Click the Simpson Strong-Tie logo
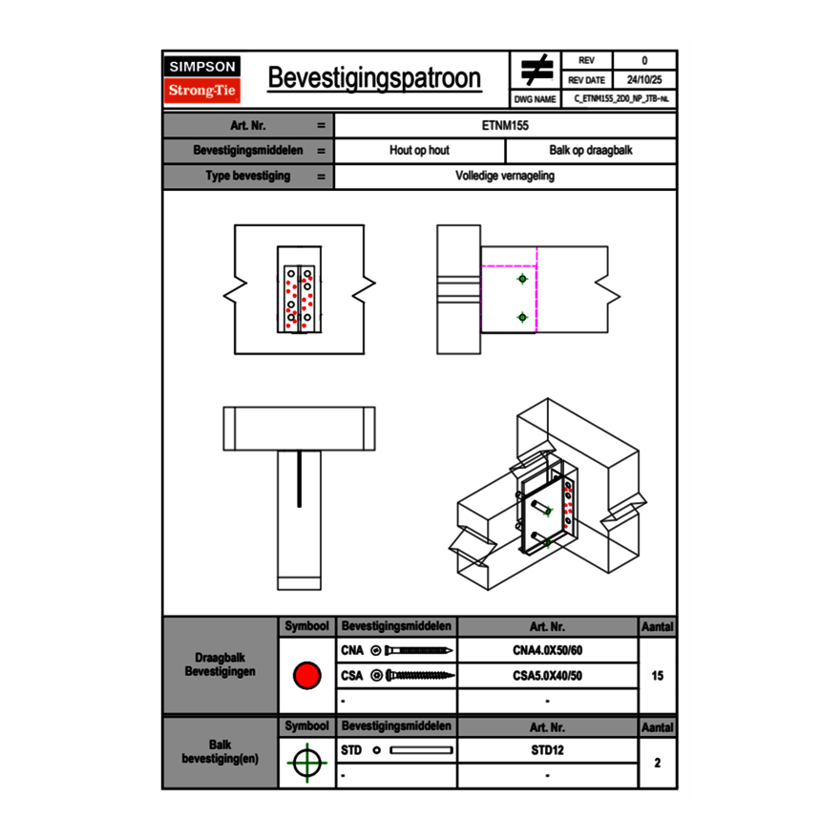(202, 79)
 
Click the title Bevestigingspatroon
(374, 78)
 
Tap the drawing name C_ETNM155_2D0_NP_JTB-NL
(621, 98)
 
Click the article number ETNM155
(505, 125)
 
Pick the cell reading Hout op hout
(419, 151)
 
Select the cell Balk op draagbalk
(591, 151)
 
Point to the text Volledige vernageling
(505, 177)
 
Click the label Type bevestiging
(248, 177)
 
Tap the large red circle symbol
(306, 676)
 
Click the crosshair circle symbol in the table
(306, 763)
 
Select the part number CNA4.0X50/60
(547, 651)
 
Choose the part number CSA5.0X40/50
(547, 676)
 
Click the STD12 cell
(547, 750)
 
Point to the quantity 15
(657, 676)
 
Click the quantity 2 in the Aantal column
(657, 763)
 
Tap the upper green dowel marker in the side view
(522, 279)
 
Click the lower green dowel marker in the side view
(522, 317)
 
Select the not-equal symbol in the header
(536, 71)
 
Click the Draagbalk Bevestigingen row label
(220, 665)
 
